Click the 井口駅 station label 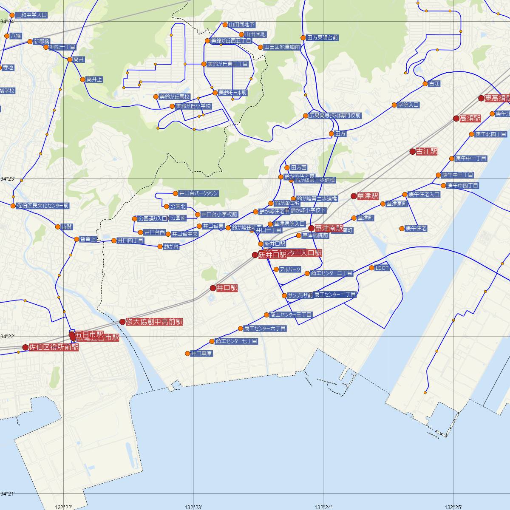click(227, 288)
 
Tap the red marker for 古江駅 click(412, 151)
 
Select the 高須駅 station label click(470, 119)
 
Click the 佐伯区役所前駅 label click(54, 347)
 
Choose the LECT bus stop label click(382, 268)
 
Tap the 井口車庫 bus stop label click(201, 353)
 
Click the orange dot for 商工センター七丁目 click(212, 341)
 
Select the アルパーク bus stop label click(290, 269)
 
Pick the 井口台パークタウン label click(198, 193)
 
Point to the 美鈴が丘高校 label click(174, 97)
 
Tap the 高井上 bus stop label click(94, 79)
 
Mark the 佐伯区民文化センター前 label click(42, 206)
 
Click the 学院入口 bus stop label click(408, 105)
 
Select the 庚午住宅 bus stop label click(416, 229)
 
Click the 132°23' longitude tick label click(193, 507)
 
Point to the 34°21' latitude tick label click(8, 494)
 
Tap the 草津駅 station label click(368, 196)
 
